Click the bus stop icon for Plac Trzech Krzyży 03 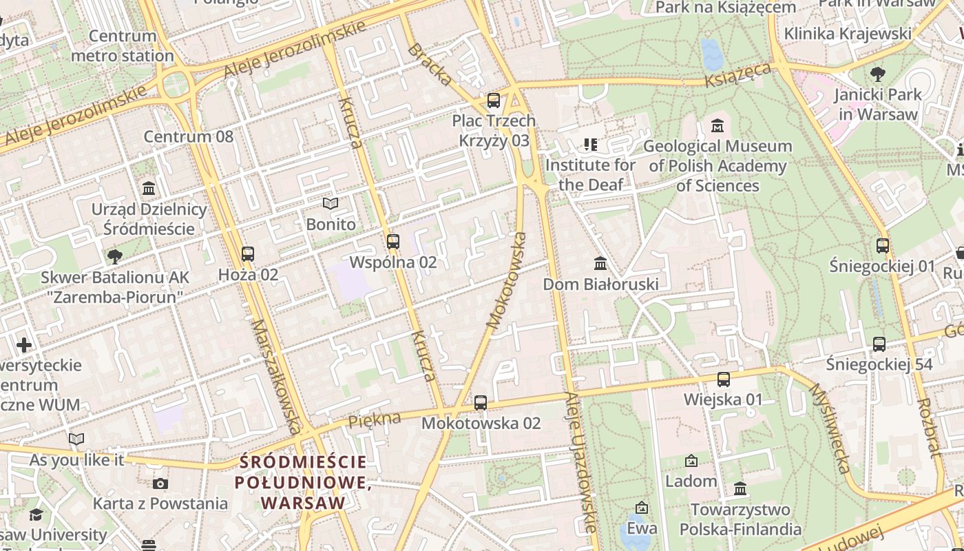493,101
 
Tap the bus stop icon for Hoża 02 248,254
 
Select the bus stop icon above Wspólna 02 392,242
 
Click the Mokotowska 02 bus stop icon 481,403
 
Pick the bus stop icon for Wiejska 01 723,380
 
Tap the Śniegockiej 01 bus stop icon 882,246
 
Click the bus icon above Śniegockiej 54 879,344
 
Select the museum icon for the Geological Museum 717,126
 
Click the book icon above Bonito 331,204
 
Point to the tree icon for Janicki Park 877,74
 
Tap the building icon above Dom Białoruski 600,264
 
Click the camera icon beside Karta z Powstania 160,484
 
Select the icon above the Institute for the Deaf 590,145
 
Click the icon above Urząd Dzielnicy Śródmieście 149,189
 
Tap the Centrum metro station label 123,45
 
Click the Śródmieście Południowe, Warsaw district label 303,482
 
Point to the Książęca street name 737,76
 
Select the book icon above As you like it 76,439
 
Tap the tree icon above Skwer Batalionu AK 114,258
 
